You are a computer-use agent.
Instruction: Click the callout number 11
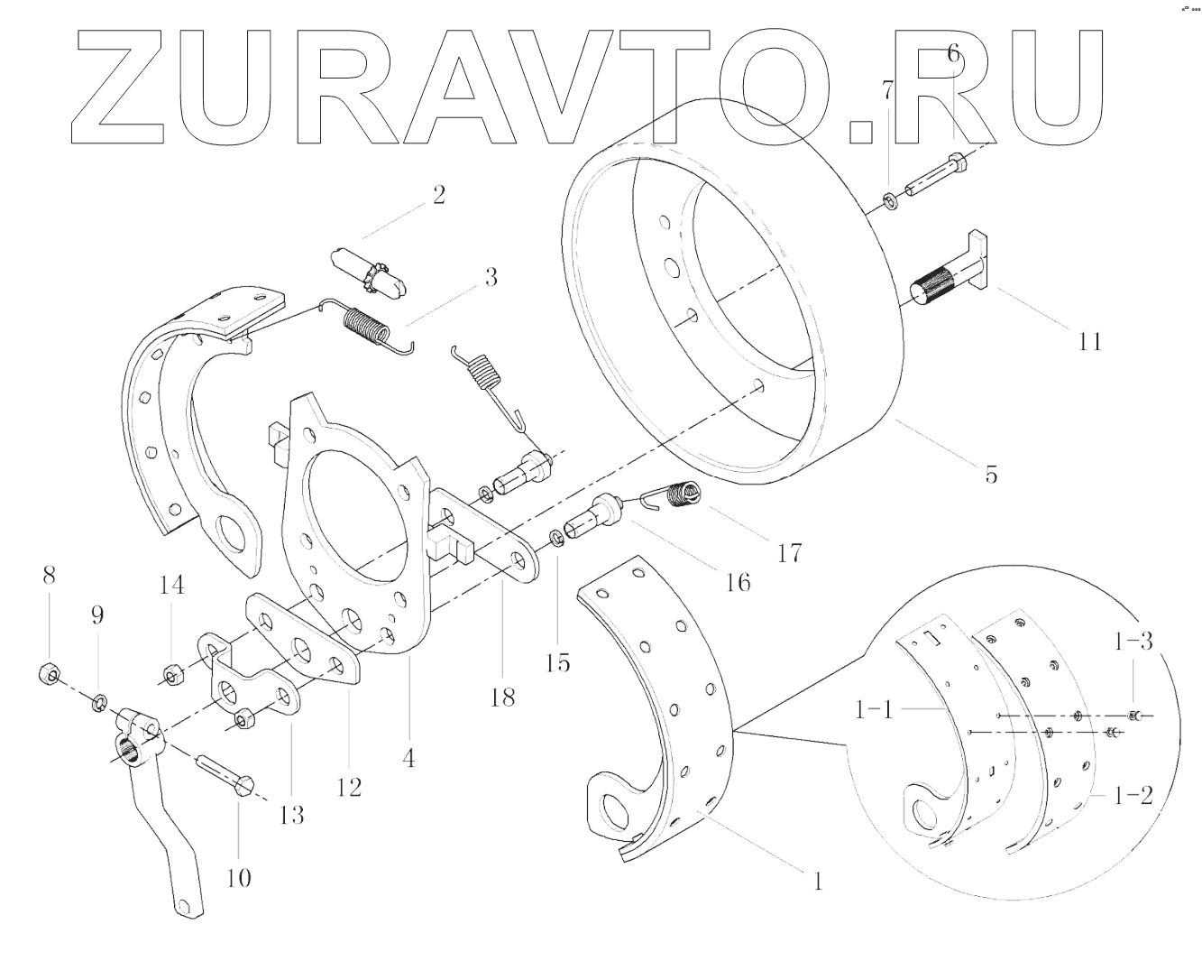tap(1089, 341)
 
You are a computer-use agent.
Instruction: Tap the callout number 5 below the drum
tap(991, 473)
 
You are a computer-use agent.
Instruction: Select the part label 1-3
tap(1133, 642)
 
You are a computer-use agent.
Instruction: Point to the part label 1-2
tap(1133, 796)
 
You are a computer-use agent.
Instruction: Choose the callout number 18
tap(503, 696)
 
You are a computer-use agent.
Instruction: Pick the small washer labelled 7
tap(888, 199)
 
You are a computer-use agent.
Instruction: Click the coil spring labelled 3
tap(366, 326)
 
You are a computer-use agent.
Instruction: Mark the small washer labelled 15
tap(557, 539)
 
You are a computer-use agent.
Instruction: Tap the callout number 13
tap(291, 815)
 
